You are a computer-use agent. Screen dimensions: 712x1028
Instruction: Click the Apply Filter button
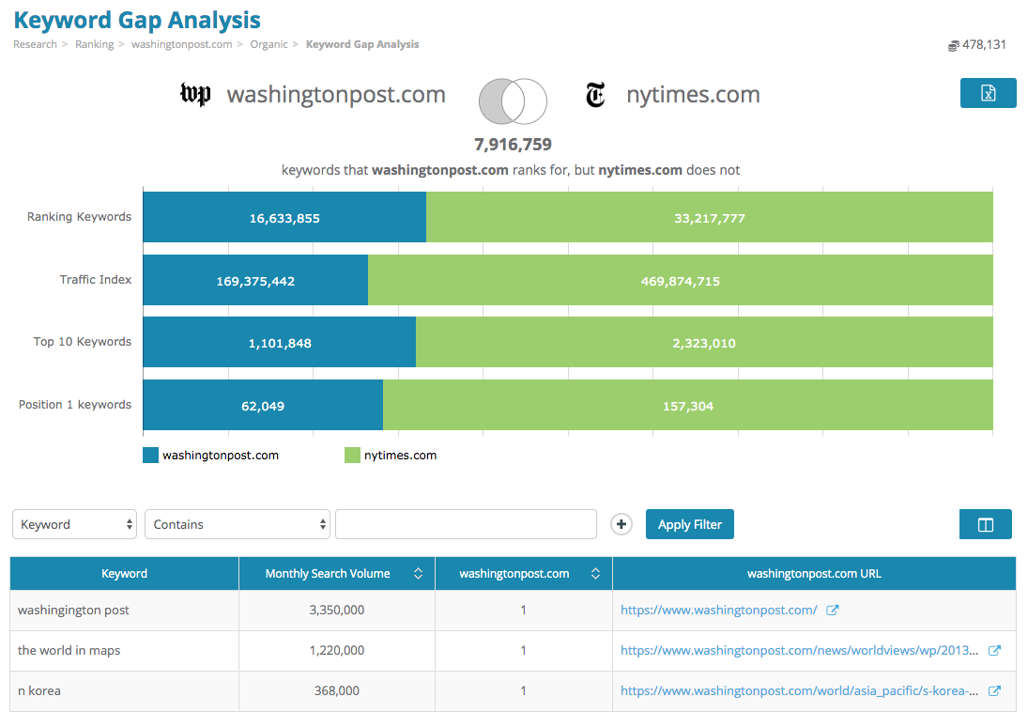click(x=689, y=524)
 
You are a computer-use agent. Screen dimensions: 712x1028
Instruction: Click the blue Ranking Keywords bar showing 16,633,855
click(x=284, y=218)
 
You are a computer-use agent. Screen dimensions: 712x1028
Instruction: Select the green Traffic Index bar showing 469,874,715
click(x=680, y=280)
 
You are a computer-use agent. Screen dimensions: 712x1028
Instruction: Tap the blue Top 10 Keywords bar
click(x=279, y=343)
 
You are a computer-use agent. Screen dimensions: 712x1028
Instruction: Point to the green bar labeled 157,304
click(x=687, y=406)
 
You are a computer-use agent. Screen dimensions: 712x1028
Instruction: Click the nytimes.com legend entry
click(x=391, y=456)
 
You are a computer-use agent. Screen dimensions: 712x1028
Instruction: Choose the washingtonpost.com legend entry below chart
click(x=211, y=456)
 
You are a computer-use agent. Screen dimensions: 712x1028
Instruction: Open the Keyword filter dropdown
click(x=74, y=524)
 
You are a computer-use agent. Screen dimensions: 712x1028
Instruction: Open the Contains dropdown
click(x=238, y=524)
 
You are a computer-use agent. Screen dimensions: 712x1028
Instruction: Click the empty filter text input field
click(x=466, y=524)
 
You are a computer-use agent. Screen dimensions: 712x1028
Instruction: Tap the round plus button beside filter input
click(x=621, y=524)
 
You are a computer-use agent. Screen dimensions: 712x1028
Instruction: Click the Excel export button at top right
click(x=988, y=93)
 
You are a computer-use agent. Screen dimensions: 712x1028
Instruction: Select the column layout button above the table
click(x=985, y=524)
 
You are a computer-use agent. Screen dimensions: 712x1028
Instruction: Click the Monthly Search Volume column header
click(x=328, y=574)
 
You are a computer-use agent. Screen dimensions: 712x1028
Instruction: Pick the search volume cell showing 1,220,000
click(x=336, y=650)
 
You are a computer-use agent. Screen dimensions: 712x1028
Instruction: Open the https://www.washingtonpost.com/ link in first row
click(x=718, y=610)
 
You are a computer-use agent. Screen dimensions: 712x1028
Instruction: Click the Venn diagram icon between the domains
click(x=513, y=101)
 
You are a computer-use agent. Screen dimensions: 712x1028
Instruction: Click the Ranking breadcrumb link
click(x=94, y=44)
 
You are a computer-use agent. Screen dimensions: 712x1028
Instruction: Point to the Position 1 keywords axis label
click(x=75, y=405)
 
